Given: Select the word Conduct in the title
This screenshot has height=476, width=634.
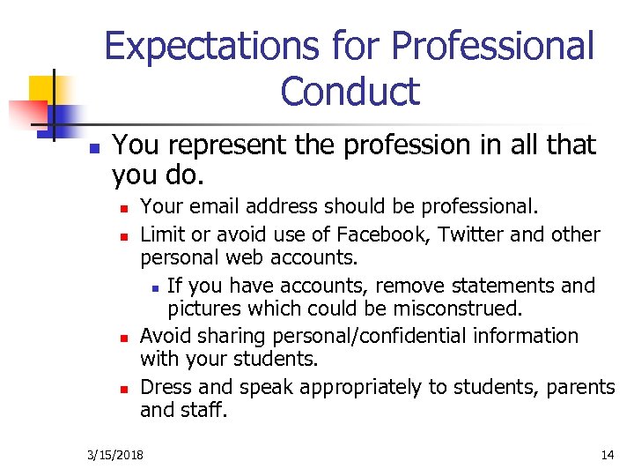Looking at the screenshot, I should [350, 91].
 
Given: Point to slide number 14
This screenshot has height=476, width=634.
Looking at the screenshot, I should [607, 455].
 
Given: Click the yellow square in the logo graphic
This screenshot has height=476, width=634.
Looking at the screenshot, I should [41, 88].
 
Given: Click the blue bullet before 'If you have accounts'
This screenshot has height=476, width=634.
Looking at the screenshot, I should [155, 287].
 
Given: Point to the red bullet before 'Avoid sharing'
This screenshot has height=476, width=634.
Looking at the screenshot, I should [125, 338].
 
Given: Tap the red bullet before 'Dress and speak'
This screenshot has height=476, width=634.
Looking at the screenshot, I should [125, 388].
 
